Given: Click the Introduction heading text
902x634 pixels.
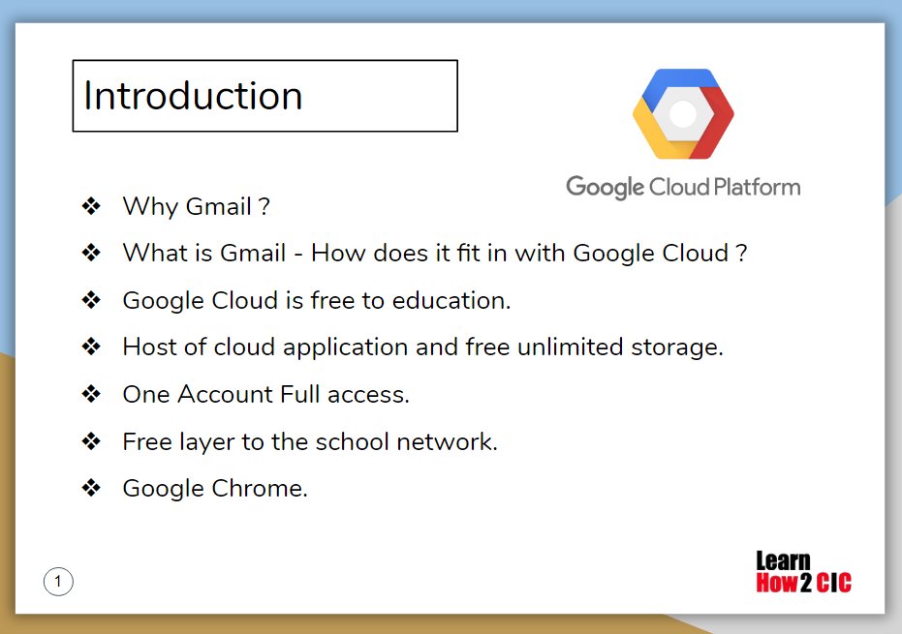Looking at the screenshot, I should [x=193, y=96].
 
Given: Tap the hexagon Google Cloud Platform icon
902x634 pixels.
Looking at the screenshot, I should [x=683, y=114].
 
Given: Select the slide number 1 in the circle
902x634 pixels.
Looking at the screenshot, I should [x=58, y=581].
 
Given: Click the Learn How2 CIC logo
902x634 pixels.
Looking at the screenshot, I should [x=803, y=572].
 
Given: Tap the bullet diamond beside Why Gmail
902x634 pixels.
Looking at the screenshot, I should [x=91, y=206].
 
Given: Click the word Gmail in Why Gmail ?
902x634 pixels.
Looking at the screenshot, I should [x=217, y=206].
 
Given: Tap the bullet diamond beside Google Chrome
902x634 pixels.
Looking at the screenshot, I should [x=91, y=489].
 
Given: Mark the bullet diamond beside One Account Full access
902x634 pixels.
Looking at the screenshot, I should [x=91, y=394].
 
